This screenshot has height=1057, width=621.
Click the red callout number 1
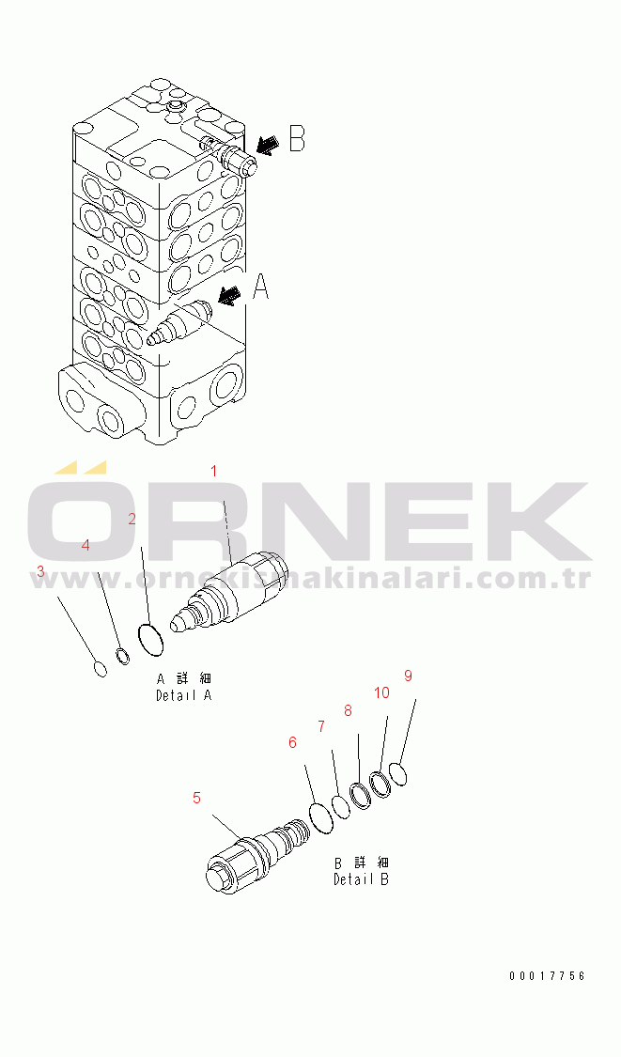(x=214, y=471)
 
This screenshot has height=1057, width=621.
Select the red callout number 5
(x=196, y=798)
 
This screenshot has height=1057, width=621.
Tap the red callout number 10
(x=381, y=693)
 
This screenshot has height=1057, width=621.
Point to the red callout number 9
(x=408, y=676)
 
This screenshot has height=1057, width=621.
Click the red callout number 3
(x=40, y=571)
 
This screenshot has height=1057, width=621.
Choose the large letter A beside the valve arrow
(x=260, y=287)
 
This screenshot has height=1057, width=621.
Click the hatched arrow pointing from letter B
(x=269, y=145)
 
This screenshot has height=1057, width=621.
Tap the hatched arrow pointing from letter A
(x=230, y=294)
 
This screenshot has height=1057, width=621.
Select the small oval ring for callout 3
(x=100, y=669)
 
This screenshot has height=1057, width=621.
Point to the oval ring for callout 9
(x=398, y=774)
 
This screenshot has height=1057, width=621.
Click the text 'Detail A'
(x=184, y=695)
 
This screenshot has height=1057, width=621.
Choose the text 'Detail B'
(x=362, y=879)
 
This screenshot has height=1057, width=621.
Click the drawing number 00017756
(x=547, y=975)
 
